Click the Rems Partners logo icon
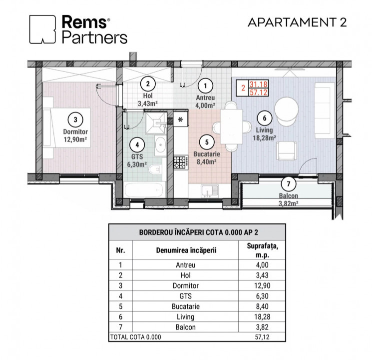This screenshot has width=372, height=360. (x=42, y=29)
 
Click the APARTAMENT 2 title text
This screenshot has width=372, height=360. (x=297, y=22)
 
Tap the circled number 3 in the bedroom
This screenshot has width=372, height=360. (x=75, y=119)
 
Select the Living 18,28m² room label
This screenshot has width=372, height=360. (x=264, y=134)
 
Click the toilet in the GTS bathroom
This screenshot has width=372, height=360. (x=155, y=169)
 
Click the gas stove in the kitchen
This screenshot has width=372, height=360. (x=181, y=162)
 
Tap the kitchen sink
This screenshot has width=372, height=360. (x=210, y=191)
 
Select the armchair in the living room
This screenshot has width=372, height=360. (x=287, y=150)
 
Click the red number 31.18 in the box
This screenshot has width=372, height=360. (x=258, y=84)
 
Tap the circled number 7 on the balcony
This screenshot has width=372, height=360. (x=289, y=183)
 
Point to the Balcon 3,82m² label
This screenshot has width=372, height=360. (x=289, y=199)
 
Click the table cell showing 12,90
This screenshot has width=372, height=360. (x=262, y=285)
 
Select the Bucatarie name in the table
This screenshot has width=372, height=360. (x=186, y=306)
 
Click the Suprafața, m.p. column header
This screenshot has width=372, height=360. (x=262, y=250)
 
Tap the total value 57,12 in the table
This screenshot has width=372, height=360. (x=262, y=337)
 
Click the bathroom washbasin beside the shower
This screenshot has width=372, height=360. (x=160, y=144)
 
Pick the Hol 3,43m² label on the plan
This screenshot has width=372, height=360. (x=148, y=99)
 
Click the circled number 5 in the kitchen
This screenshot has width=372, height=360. (x=207, y=142)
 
